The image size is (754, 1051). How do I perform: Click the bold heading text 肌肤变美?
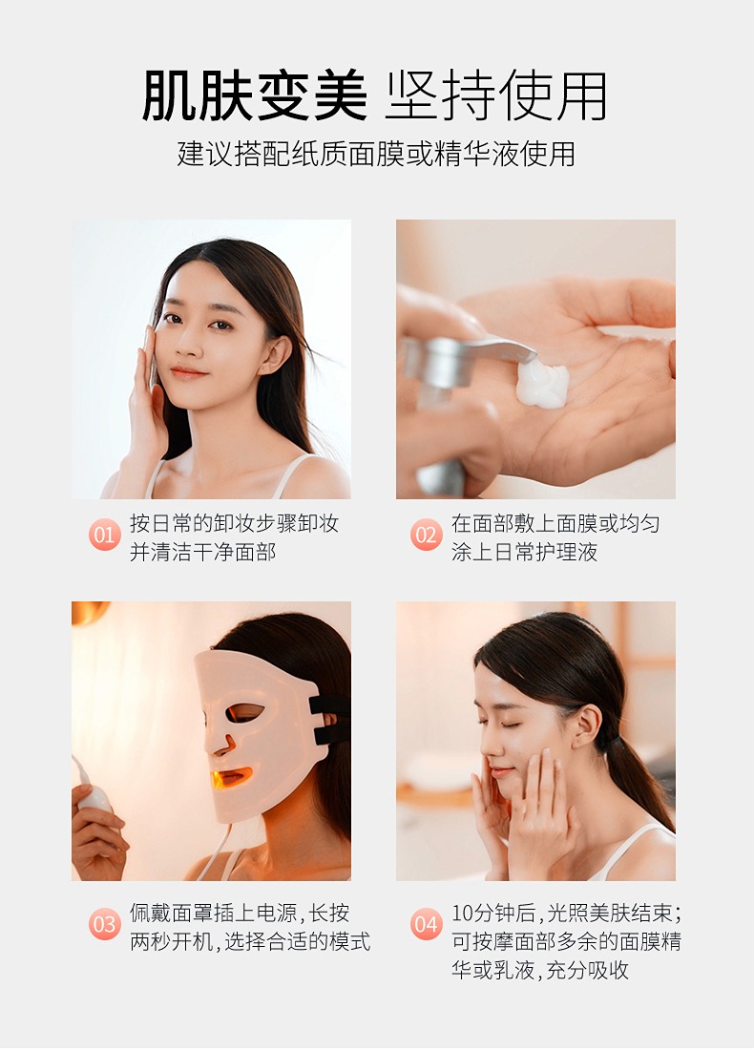255,95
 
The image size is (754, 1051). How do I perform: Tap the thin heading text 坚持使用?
496,95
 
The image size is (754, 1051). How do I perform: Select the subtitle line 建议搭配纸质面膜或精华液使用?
376,154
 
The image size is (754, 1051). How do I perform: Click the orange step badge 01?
105,535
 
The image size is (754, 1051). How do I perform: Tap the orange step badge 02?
427,535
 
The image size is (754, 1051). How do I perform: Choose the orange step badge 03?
105,924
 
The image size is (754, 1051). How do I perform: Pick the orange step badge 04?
427,924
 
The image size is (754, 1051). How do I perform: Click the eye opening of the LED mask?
245,712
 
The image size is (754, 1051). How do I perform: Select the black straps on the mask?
329,720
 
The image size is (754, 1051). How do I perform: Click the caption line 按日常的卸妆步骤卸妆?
235,523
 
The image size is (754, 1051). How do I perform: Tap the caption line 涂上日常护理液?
524,552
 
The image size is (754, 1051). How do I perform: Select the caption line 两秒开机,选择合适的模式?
250,941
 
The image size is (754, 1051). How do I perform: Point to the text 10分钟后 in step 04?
494,913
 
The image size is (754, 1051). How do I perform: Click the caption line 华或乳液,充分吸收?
540,969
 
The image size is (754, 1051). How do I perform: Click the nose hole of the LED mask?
228,744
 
